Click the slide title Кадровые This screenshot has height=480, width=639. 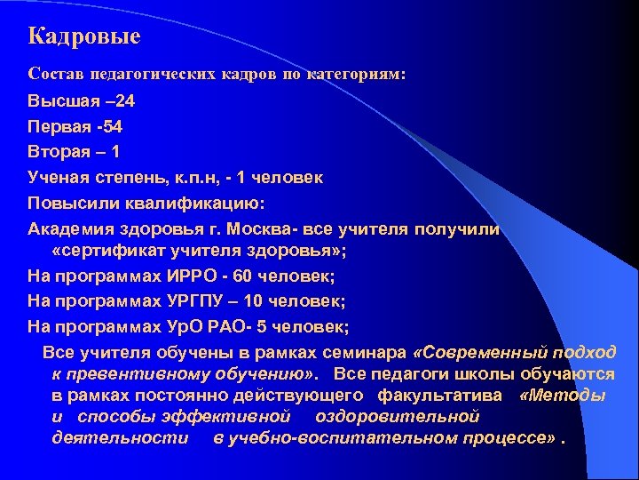click(x=84, y=37)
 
